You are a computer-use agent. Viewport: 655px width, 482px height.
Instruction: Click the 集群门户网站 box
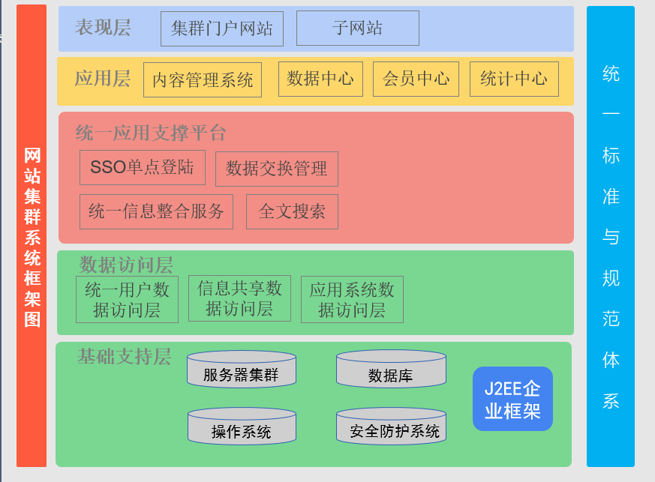222,28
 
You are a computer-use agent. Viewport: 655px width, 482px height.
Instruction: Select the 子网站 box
358,28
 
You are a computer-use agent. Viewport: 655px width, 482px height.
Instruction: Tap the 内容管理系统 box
203,79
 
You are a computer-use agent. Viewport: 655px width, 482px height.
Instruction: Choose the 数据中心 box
320,79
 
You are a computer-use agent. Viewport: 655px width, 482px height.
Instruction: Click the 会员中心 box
416,79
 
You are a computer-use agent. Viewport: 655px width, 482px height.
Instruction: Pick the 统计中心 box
514,79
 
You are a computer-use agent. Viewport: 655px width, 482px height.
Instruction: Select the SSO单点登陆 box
143,167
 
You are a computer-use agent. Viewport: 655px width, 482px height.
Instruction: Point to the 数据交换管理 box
277,169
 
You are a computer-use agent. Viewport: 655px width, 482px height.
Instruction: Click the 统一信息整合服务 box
156,211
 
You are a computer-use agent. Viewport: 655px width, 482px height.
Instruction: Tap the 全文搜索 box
292,211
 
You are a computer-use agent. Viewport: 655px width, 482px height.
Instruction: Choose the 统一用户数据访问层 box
127,299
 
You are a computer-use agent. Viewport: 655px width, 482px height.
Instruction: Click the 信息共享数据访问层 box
239,298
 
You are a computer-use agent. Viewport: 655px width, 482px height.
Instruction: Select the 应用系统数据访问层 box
352,299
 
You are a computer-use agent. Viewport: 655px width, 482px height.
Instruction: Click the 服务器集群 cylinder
242,369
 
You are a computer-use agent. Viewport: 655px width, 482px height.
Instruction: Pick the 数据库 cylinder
391,369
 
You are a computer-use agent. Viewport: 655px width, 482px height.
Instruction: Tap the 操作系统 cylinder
242,426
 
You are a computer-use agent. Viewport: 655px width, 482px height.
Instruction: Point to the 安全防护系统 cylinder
391,426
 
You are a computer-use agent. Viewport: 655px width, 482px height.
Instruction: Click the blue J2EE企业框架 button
512,399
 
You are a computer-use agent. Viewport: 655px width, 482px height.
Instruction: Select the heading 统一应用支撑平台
151,133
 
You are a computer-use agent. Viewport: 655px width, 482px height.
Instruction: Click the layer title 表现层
103,28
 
